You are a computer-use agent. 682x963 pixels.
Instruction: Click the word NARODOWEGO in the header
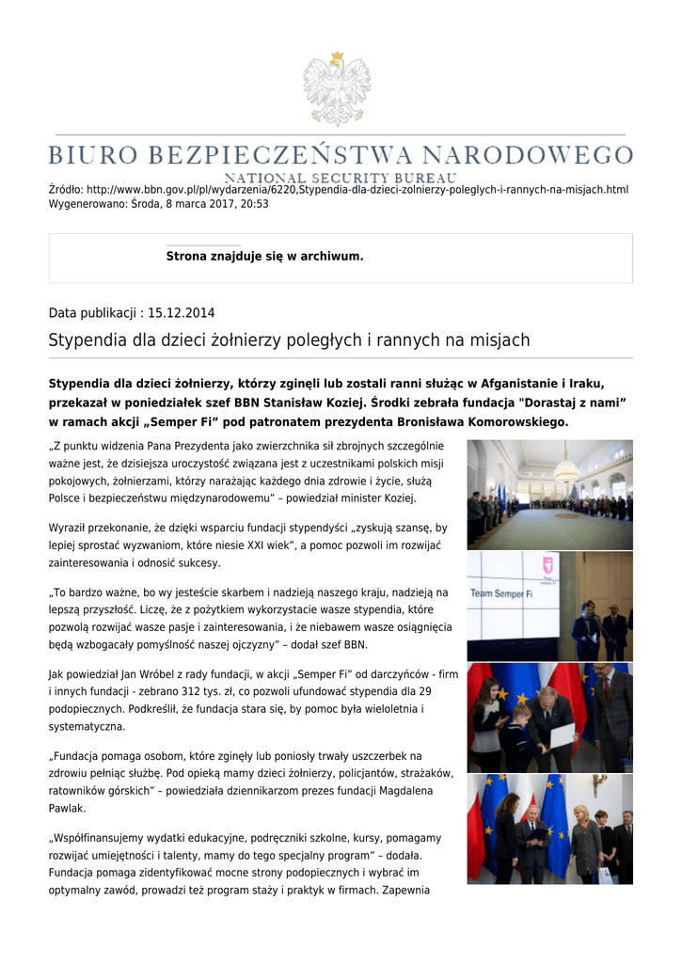point(542,154)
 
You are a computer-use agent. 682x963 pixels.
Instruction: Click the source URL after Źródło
point(357,190)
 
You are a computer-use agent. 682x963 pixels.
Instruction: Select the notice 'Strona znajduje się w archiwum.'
point(264,256)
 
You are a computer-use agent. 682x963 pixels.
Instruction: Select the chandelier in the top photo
point(566,467)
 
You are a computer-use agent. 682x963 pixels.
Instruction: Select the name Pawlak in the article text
point(67,808)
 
